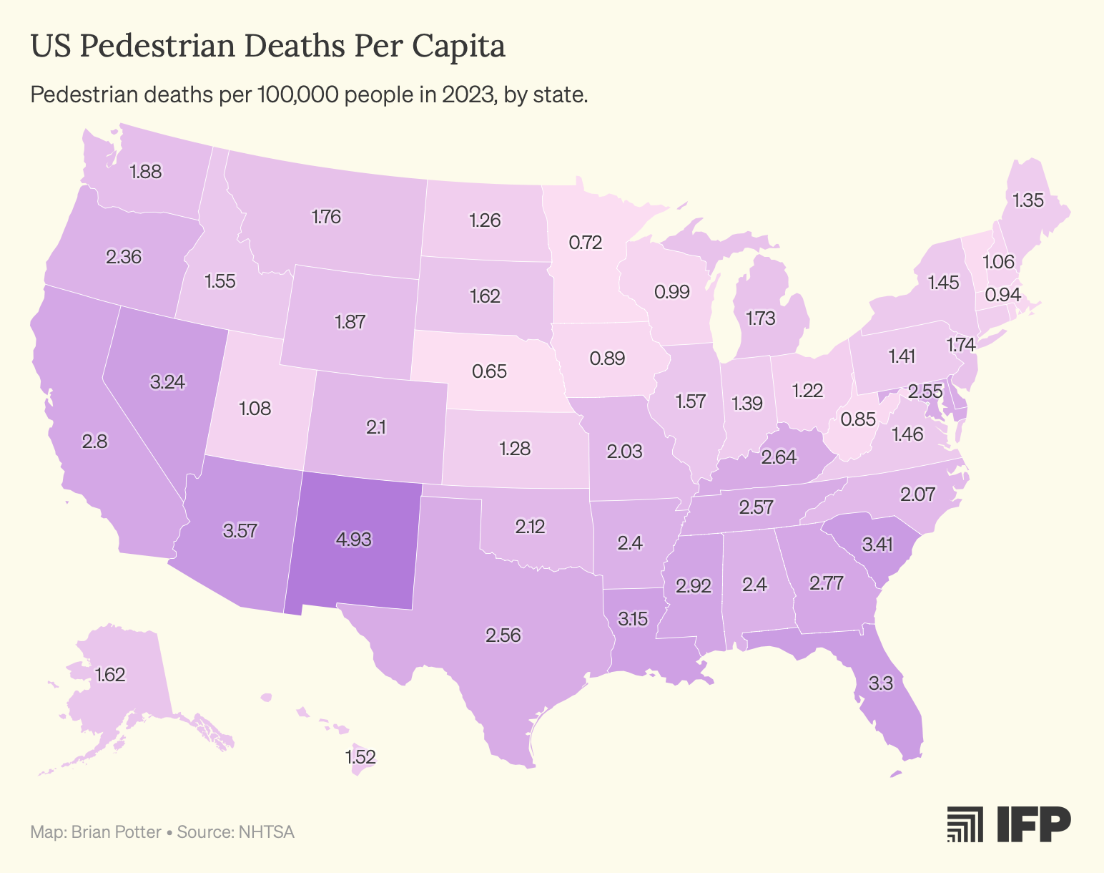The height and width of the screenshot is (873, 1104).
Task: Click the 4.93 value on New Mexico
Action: pyautogui.click(x=353, y=540)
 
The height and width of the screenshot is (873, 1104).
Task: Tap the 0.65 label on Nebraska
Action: pyautogui.click(x=489, y=371)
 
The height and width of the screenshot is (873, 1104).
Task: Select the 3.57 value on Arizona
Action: pyautogui.click(x=240, y=530)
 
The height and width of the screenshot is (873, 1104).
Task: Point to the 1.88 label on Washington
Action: pyautogui.click(x=146, y=172)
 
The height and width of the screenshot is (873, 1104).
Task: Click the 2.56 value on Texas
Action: pyautogui.click(x=503, y=635)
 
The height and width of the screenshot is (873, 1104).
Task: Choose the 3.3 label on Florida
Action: pyautogui.click(x=881, y=683)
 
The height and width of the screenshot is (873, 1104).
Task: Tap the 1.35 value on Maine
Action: pyautogui.click(x=1028, y=200)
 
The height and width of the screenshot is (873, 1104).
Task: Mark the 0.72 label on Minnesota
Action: pyautogui.click(x=586, y=243)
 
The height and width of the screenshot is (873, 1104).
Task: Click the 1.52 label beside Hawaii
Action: pyautogui.click(x=360, y=757)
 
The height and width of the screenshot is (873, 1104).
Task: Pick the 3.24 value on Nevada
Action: pyautogui.click(x=167, y=382)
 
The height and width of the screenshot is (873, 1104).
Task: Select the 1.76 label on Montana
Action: pyautogui.click(x=326, y=217)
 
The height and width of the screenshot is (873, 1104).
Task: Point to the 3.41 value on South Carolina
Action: pyautogui.click(x=878, y=545)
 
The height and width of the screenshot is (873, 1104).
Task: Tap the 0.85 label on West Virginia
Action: pyautogui.click(x=858, y=419)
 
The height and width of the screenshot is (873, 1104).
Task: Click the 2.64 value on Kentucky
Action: pyautogui.click(x=779, y=457)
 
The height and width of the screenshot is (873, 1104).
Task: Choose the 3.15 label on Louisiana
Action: pyautogui.click(x=633, y=619)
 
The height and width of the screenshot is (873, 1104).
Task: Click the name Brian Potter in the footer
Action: pyautogui.click(x=117, y=832)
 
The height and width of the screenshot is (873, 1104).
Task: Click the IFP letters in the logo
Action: pyautogui.click(x=1034, y=824)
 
